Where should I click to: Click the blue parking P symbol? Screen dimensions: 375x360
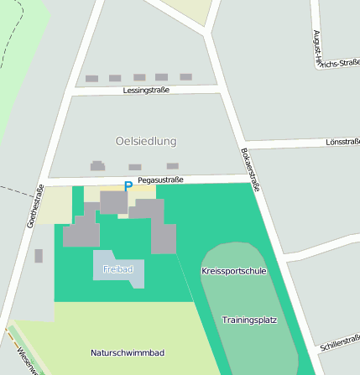click(x=128, y=187)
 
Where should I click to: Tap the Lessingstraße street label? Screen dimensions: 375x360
click(x=146, y=90)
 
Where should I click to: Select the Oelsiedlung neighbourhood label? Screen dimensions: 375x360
click(x=146, y=141)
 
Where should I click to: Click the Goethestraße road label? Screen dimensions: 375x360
click(x=34, y=206)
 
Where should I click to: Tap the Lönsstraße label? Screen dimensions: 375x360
click(x=342, y=143)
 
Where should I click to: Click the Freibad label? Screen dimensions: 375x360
click(x=117, y=269)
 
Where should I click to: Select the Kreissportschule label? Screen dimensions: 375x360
click(x=234, y=271)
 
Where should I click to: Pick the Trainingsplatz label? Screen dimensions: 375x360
click(x=249, y=320)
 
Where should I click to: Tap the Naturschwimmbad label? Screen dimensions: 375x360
click(x=127, y=352)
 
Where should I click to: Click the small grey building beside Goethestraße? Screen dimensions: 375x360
click(x=39, y=256)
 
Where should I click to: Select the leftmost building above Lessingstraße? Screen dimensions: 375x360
click(x=91, y=78)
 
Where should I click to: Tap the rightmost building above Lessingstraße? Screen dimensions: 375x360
click(x=185, y=76)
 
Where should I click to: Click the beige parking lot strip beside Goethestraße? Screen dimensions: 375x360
click(x=55, y=206)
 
